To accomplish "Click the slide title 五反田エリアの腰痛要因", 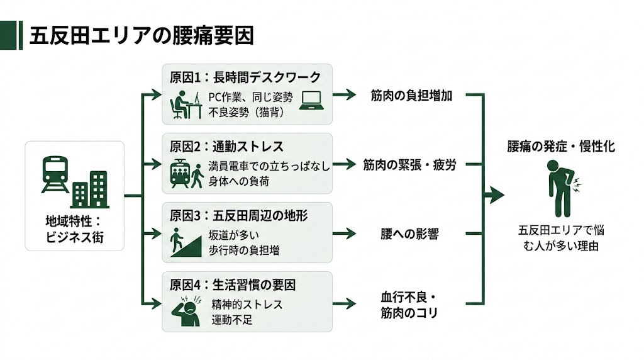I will pos(142,36).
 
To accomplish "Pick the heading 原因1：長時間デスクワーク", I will pos(245,77).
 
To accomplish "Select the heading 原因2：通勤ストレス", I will pos(226,147).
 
